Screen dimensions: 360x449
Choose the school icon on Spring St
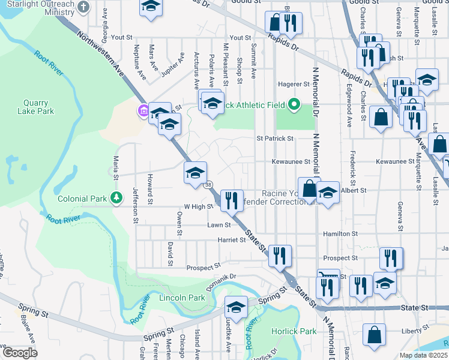tap(237, 307)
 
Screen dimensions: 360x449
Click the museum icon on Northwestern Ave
tap(143, 110)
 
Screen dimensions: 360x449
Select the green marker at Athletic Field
tap(294, 105)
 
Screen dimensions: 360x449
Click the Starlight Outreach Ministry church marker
tap(83, 8)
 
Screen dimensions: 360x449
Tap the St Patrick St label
tap(275, 139)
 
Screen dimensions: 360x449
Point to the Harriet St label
tap(235, 240)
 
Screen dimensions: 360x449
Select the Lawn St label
tap(219, 225)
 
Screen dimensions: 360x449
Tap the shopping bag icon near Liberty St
tap(374, 337)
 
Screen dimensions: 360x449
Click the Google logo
tap(19, 353)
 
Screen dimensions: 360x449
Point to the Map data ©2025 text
tap(424, 355)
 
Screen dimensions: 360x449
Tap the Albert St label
tap(354, 190)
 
